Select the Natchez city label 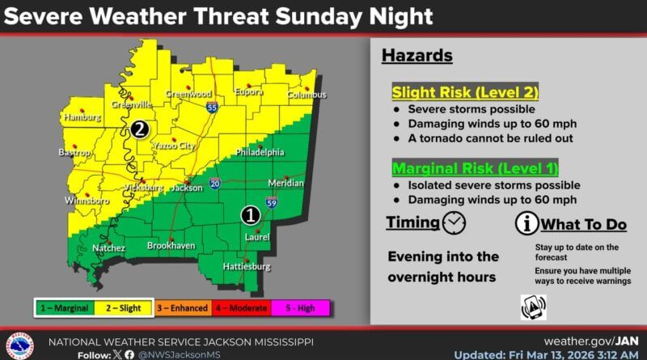tap(108, 248)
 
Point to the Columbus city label tap(307, 95)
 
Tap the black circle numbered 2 tap(140, 129)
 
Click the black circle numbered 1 tap(251, 215)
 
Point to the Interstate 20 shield tap(215, 184)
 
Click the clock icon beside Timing tap(455, 222)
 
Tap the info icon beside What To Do tap(527, 222)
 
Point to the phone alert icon tap(533, 307)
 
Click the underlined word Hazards tap(417, 56)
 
